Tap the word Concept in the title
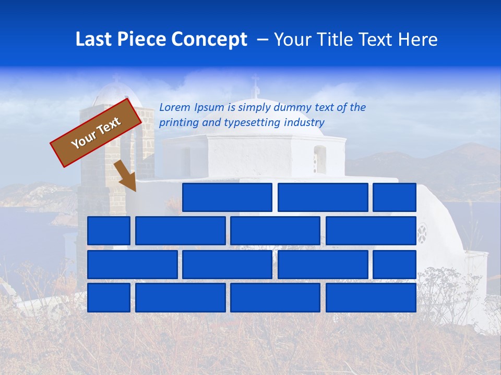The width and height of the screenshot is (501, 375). click(210, 40)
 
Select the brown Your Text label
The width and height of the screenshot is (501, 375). click(96, 133)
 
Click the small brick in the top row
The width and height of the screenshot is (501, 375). click(395, 197)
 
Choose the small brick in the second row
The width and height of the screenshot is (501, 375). click(109, 231)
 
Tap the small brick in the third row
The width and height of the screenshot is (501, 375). click(395, 265)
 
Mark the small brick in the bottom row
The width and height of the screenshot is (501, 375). click(109, 298)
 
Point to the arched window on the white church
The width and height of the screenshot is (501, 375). click(319, 159)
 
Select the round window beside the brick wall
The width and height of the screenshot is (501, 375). click(422, 233)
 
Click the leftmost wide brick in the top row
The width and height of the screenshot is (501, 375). click(227, 197)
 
